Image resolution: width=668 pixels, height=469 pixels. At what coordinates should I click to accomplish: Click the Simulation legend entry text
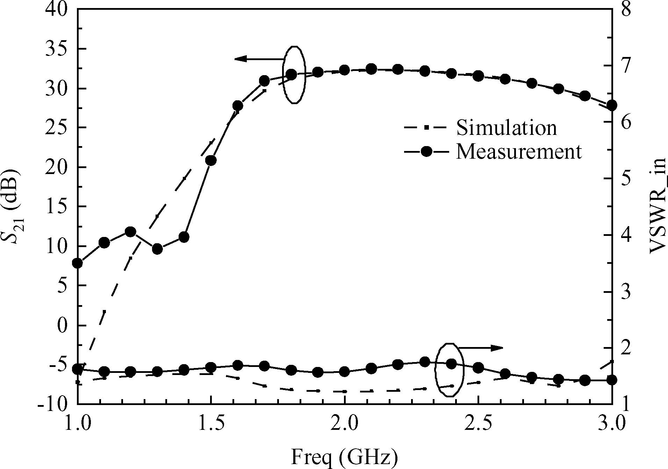click(506, 128)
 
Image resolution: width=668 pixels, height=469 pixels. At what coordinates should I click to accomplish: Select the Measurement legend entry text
click(519, 152)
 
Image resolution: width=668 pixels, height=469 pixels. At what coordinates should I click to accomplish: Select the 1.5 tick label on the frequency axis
click(211, 423)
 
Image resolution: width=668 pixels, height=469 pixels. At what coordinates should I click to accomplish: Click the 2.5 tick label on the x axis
click(478, 423)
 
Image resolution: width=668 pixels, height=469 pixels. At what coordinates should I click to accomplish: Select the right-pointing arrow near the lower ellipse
click(480, 348)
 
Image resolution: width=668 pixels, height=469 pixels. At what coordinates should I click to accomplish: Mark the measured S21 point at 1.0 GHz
click(78, 263)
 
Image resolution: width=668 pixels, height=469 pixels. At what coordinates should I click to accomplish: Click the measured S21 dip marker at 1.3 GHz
click(158, 249)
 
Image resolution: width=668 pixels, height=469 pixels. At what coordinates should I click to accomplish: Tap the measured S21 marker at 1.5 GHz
click(211, 160)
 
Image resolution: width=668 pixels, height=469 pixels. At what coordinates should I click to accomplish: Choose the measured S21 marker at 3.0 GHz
click(612, 105)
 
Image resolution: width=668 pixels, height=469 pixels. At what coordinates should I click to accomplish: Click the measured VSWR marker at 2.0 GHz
click(344, 372)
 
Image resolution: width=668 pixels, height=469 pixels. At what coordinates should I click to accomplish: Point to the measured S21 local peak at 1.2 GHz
click(130, 232)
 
